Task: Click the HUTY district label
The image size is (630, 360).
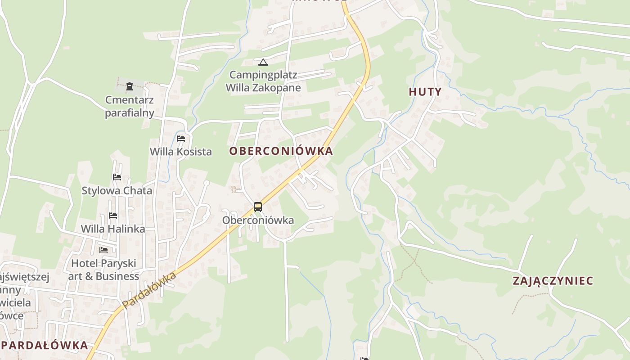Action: [x=425, y=92]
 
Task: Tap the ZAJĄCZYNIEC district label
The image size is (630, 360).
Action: [x=553, y=281]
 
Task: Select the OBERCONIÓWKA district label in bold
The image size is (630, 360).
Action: [x=281, y=151]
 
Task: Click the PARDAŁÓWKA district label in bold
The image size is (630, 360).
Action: [x=45, y=345]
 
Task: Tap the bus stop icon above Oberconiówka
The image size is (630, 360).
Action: [x=257, y=207]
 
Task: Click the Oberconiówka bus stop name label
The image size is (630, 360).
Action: [x=258, y=220]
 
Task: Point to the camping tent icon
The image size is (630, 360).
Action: [x=263, y=62]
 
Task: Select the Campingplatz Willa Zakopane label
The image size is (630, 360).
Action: [x=263, y=81]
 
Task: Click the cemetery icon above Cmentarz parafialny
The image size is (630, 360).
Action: [x=130, y=86]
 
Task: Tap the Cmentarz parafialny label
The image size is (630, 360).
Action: [x=130, y=106]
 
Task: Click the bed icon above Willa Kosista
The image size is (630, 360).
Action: [x=181, y=139]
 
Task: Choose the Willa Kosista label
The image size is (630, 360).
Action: [x=181, y=152]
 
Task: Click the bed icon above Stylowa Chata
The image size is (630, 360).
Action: [x=117, y=177]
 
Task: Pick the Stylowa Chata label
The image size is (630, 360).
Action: [x=117, y=190]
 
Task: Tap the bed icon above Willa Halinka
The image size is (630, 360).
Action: [x=113, y=216]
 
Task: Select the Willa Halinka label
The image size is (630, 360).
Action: [x=113, y=229]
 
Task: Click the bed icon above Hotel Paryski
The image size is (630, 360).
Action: [x=103, y=250]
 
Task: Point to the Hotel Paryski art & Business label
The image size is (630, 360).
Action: [x=103, y=270]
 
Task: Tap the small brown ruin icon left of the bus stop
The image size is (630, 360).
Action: [x=234, y=189]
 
